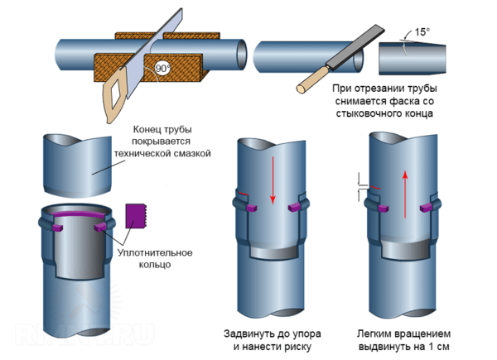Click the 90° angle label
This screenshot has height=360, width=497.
point(163,70)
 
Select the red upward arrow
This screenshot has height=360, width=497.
point(404,195)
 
